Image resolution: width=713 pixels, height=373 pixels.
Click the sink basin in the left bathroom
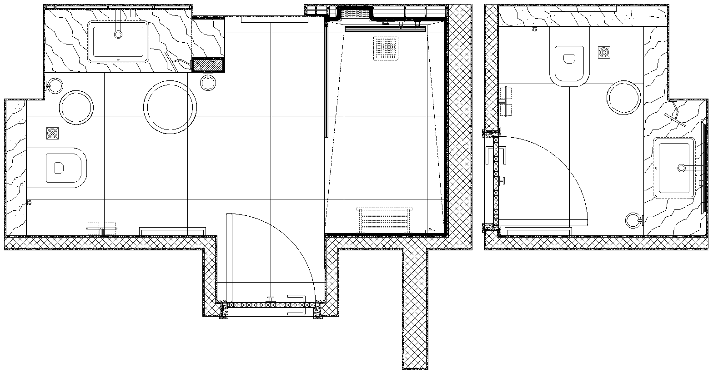(x=118, y=41)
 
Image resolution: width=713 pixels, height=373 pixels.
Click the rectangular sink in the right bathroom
(x=674, y=168)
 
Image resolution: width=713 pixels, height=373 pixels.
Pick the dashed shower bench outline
(x=385, y=220)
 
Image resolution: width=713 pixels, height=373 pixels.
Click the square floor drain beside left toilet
(x=53, y=133)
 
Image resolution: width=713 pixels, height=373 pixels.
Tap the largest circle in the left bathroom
(x=171, y=107)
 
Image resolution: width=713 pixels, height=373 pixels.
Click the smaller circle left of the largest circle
(x=76, y=107)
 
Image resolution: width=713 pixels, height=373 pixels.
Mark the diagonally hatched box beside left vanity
(x=208, y=66)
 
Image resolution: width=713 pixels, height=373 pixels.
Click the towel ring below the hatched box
(x=207, y=83)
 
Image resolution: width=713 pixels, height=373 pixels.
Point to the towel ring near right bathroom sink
(x=633, y=221)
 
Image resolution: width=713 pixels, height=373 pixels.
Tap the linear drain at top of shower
(x=385, y=29)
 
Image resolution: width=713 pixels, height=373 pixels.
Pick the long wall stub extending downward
(x=415, y=309)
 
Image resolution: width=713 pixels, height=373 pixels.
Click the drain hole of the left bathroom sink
(x=119, y=34)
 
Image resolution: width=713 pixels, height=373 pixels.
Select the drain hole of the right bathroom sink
(x=681, y=168)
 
